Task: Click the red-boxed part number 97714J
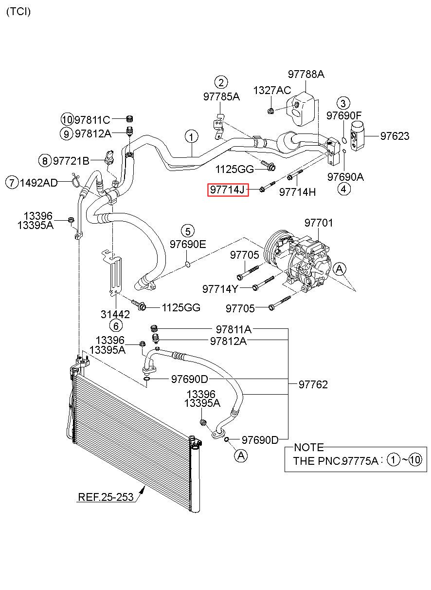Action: click(x=228, y=190)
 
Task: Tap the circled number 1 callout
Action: click(x=192, y=137)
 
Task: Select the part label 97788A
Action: click(x=306, y=74)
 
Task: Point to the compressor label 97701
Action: click(x=319, y=223)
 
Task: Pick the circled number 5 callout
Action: click(x=188, y=231)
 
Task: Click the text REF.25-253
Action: click(x=106, y=497)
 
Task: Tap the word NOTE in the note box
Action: click(x=309, y=448)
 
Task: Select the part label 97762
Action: click(x=313, y=385)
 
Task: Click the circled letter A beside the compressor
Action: click(x=340, y=269)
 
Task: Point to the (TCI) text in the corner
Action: click(x=18, y=12)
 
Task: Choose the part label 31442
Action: click(x=115, y=314)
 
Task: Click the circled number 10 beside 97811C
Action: click(x=68, y=120)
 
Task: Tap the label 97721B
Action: click(x=71, y=161)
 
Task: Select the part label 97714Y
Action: click(x=220, y=289)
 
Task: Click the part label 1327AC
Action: click(x=272, y=91)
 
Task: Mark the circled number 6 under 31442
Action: click(x=116, y=326)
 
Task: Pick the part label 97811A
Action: click(x=234, y=329)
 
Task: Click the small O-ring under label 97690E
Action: click(x=188, y=264)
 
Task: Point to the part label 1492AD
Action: click(x=38, y=183)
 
